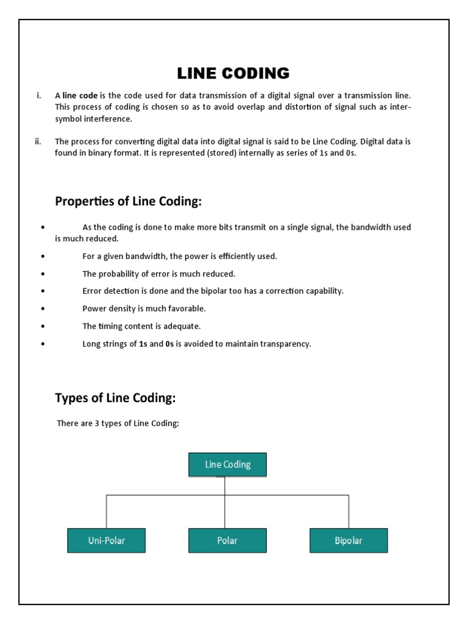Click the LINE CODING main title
pyautogui.click(x=233, y=74)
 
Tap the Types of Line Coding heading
pyautogui.click(x=115, y=398)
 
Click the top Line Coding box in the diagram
pyautogui.click(x=227, y=464)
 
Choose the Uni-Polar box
pyautogui.click(x=106, y=541)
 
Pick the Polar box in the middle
pyautogui.click(x=227, y=541)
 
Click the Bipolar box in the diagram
pyautogui.click(x=349, y=541)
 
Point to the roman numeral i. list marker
pyautogui.click(x=39, y=96)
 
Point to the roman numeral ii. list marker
pyautogui.click(x=38, y=141)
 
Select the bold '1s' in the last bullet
pyautogui.click(x=143, y=344)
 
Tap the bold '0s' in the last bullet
pyautogui.click(x=169, y=344)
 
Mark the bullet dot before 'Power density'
pyautogui.click(x=43, y=309)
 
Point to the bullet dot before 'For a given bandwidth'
pyautogui.click(x=43, y=257)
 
